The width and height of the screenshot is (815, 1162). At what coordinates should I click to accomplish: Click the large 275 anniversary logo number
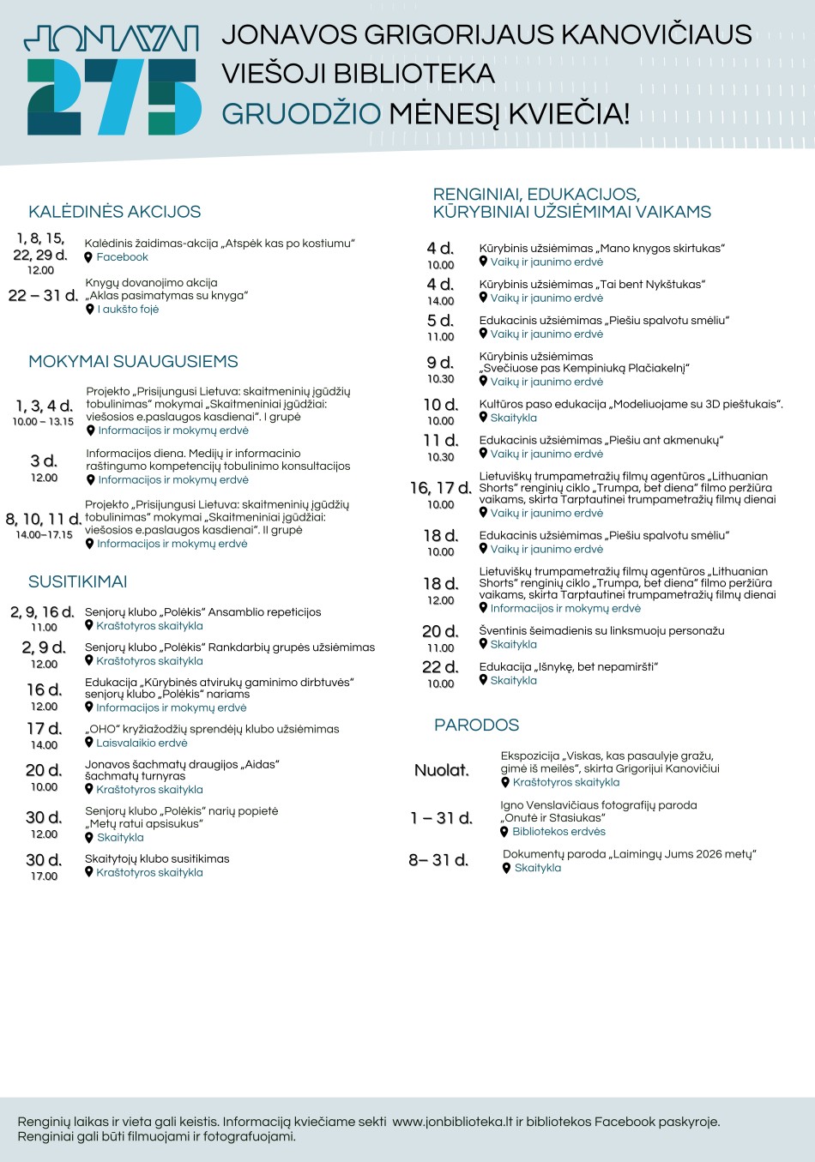113,96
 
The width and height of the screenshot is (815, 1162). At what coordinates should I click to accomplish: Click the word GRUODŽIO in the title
301,113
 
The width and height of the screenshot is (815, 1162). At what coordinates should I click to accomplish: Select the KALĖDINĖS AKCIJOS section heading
114,212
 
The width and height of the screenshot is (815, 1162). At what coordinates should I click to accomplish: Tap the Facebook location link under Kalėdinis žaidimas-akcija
122,257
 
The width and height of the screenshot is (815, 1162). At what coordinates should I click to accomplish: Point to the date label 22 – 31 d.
43,296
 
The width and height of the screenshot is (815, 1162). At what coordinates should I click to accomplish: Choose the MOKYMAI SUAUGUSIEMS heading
133,362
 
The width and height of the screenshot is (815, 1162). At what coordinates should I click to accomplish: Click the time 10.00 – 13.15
43,422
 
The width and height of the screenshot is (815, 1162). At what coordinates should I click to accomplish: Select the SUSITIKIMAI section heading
77,582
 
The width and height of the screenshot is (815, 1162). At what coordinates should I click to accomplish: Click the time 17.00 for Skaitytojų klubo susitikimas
45,876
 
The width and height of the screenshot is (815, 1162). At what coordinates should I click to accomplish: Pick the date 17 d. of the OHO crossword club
44,729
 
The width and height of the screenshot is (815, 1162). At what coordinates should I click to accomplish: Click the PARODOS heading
476,725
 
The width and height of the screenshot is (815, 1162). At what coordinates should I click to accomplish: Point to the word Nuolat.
442,770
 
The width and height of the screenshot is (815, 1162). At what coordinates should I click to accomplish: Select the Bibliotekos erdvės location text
558,832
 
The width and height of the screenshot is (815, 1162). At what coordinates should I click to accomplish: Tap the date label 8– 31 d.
438,860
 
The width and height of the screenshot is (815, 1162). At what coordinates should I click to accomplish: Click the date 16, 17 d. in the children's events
440,488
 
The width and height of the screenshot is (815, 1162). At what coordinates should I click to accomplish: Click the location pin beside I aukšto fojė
90,310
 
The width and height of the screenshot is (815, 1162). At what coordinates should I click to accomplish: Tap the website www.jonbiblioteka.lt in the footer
452,1122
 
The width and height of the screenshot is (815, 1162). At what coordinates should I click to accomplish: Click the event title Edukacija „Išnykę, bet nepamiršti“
568,667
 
